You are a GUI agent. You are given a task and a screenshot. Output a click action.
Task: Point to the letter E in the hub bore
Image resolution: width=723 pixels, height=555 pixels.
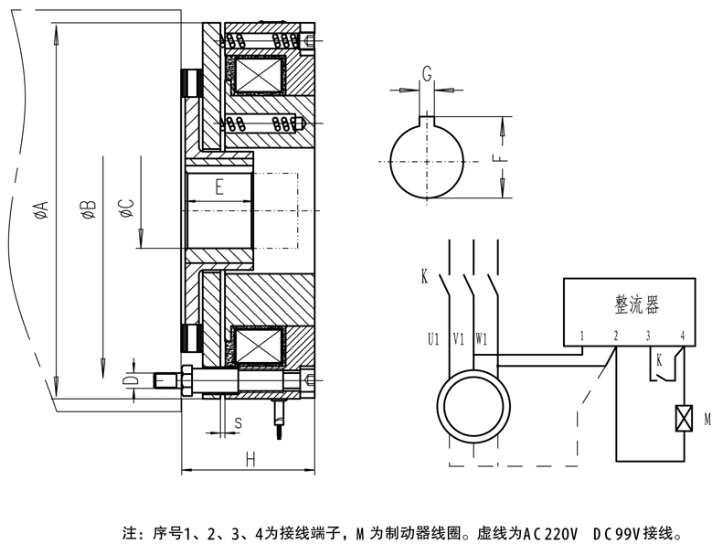(x=219, y=188)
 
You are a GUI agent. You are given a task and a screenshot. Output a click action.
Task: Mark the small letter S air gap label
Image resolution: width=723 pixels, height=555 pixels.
(x=238, y=422)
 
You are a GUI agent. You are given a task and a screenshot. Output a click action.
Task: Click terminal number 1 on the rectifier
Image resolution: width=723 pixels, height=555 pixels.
(x=582, y=336)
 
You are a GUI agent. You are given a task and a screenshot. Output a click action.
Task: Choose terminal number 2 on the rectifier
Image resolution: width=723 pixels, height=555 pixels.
(x=616, y=336)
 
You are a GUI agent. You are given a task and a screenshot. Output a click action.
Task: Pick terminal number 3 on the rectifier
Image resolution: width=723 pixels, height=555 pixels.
(x=648, y=336)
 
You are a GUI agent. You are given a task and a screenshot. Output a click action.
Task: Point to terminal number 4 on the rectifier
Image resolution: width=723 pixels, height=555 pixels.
(x=682, y=336)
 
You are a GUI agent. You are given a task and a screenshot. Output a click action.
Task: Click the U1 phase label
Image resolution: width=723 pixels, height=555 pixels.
(x=433, y=338)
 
